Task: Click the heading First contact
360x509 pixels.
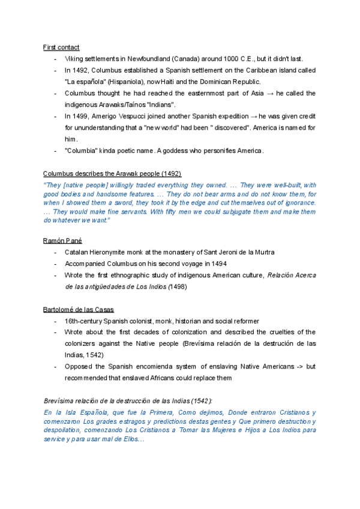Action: coord(61,47)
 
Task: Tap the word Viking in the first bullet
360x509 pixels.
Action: coord(74,59)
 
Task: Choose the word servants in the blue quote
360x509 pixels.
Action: coord(145,211)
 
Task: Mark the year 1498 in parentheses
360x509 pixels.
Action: coord(178,287)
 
